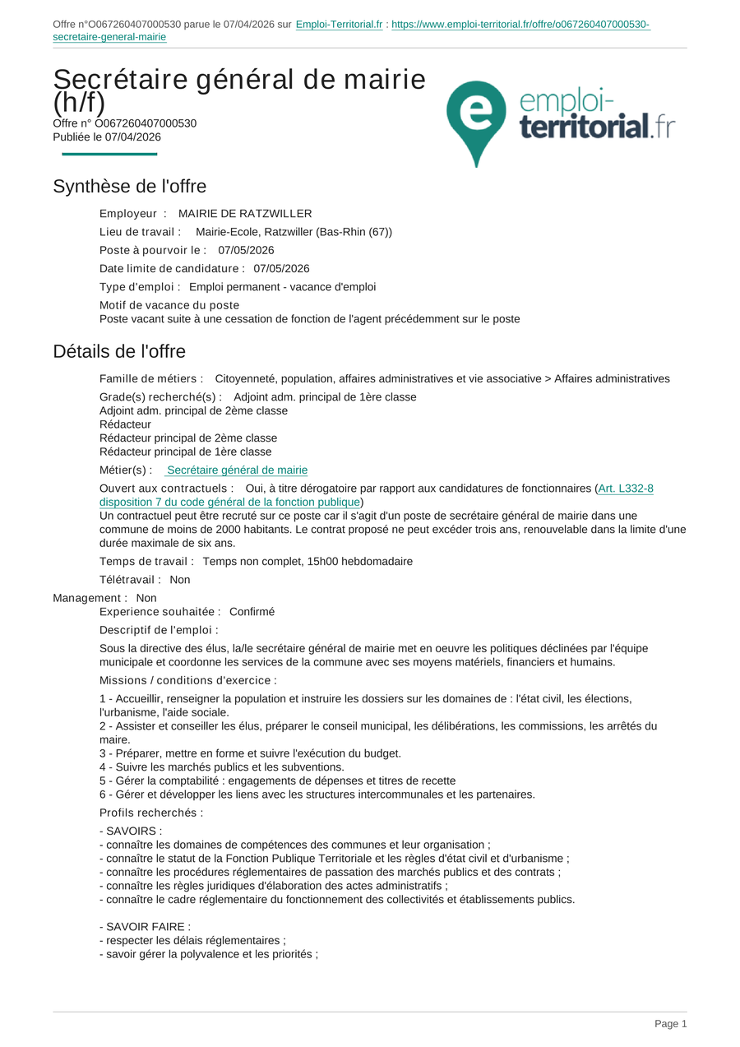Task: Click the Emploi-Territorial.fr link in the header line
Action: click(x=339, y=25)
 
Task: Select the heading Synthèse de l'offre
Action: click(x=129, y=187)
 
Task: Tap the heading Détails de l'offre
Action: click(x=119, y=351)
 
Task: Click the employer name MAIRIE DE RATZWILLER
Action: click(x=245, y=214)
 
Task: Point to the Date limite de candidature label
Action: click(x=172, y=268)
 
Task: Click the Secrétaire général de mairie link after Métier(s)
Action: click(x=237, y=470)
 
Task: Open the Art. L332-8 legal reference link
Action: click(x=625, y=489)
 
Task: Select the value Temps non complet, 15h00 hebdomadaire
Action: click(x=308, y=562)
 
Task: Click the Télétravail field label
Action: click(x=130, y=580)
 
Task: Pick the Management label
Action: click(x=90, y=598)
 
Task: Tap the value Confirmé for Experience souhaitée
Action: click(x=252, y=612)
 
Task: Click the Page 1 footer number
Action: click(x=670, y=1024)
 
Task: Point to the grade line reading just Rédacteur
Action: click(x=125, y=424)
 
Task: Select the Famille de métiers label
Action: click(x=151, y=379)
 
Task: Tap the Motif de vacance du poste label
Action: click(x=169, y=305)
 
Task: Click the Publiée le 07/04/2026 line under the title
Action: click(x=107, y=137)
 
